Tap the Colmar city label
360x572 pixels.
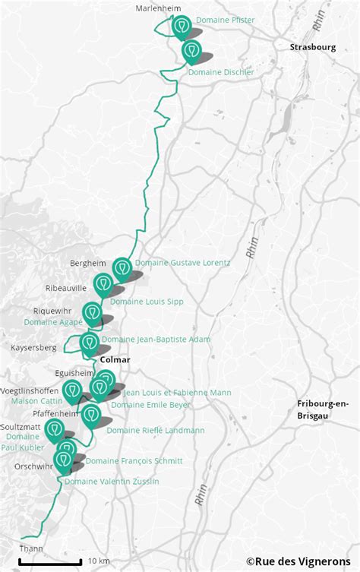tap(115, 359)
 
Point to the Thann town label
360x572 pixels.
tap(31, 548)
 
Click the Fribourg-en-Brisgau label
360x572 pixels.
tap(323, 409)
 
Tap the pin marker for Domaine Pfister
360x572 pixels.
tap(181, 27)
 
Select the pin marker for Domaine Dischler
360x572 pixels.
tap(192, 51)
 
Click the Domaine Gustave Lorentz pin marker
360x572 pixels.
tap(122, 268)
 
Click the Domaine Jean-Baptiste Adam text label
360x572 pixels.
tap(156, 340)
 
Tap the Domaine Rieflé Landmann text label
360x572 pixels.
tap(155, 431)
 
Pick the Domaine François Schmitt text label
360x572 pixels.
tap(134, 461)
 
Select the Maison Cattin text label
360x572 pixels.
tap(36, 400)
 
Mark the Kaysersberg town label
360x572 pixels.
tap(33, 347)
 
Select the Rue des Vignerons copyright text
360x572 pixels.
tap(302, 561)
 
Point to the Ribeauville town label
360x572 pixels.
tap(66, 288)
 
